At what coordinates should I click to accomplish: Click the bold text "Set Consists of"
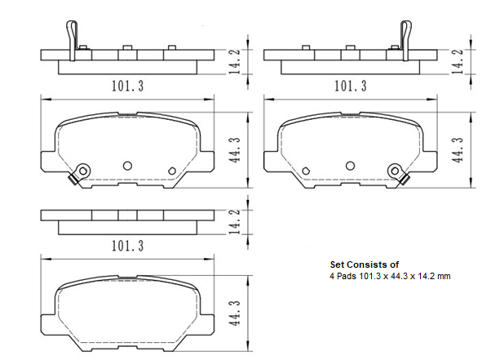click(364, 265)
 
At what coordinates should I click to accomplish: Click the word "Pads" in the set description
click(347, 277)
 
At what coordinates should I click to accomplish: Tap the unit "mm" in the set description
click(445, 277)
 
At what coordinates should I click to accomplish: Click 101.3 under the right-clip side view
click(351, 85)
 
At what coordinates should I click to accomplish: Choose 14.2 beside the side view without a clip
click(235, 222)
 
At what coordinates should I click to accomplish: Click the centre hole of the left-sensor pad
click(127, 164)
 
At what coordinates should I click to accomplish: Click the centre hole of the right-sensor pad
click(350, 164)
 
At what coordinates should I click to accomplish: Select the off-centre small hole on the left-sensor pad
click(171, 171)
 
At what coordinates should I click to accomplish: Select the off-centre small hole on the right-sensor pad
click(305, 171)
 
